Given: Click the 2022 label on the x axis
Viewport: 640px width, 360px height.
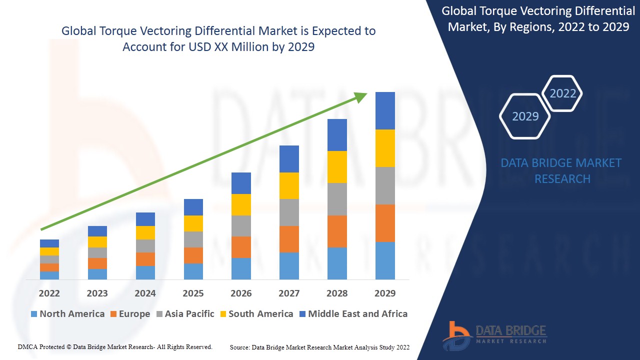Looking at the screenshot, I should (49, 293).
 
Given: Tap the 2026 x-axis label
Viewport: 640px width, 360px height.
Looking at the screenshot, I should (241, 293).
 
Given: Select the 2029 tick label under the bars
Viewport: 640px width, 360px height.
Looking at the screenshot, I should (385, 293).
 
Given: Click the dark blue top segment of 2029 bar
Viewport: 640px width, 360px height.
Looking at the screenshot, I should (385, 110).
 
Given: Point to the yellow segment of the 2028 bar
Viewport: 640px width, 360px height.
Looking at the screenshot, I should (337, 167).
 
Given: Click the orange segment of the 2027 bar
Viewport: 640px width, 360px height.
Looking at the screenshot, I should (289, 239).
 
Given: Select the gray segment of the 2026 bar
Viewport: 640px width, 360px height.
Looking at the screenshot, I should (241, 226).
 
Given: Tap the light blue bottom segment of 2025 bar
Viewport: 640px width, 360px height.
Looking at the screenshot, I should (193, 271).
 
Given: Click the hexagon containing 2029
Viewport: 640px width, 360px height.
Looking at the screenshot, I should (525, 116).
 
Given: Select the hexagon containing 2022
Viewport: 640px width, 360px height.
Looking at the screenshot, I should (562, 93).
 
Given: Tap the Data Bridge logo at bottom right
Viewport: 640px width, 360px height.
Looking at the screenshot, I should (494, 335).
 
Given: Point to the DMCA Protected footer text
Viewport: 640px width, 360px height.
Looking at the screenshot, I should (115, 347).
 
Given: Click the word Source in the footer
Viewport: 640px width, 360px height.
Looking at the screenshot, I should (239, 347).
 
